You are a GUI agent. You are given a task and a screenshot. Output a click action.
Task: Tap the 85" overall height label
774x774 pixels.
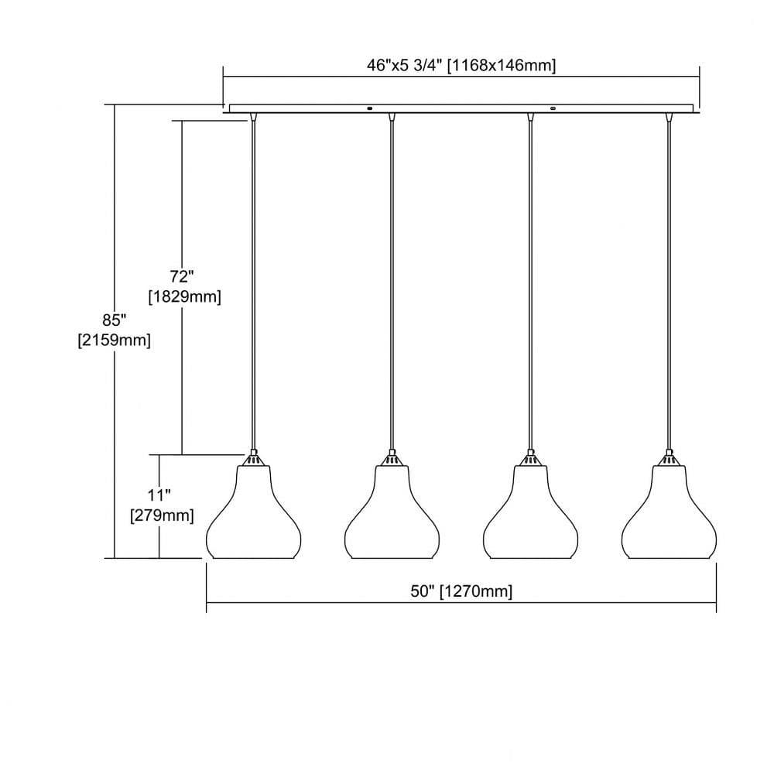pos(115,320)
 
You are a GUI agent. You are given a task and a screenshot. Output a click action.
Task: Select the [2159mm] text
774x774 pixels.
pos(114,340)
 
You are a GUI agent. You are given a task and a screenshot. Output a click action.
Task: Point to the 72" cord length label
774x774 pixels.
pos(182,276)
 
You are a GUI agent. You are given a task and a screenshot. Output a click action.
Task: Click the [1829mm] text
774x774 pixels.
pos(185,296)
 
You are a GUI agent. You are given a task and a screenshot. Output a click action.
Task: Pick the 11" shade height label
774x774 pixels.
pos(159,495)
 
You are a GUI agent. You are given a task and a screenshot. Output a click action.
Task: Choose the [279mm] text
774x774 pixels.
pos(162,515)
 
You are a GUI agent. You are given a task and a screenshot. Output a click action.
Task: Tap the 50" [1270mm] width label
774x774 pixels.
pos(461,591)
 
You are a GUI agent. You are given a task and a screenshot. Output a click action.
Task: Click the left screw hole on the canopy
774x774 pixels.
pos(370,108)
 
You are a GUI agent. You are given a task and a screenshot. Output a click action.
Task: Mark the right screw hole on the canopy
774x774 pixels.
pos(553,108)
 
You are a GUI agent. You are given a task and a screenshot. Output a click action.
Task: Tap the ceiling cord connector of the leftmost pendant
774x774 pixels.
pos(253,117)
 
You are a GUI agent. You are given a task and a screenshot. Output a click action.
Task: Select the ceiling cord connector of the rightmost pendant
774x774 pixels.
pos(670,117)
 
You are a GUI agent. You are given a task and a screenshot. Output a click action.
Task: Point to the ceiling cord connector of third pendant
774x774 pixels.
pos(531,117)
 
